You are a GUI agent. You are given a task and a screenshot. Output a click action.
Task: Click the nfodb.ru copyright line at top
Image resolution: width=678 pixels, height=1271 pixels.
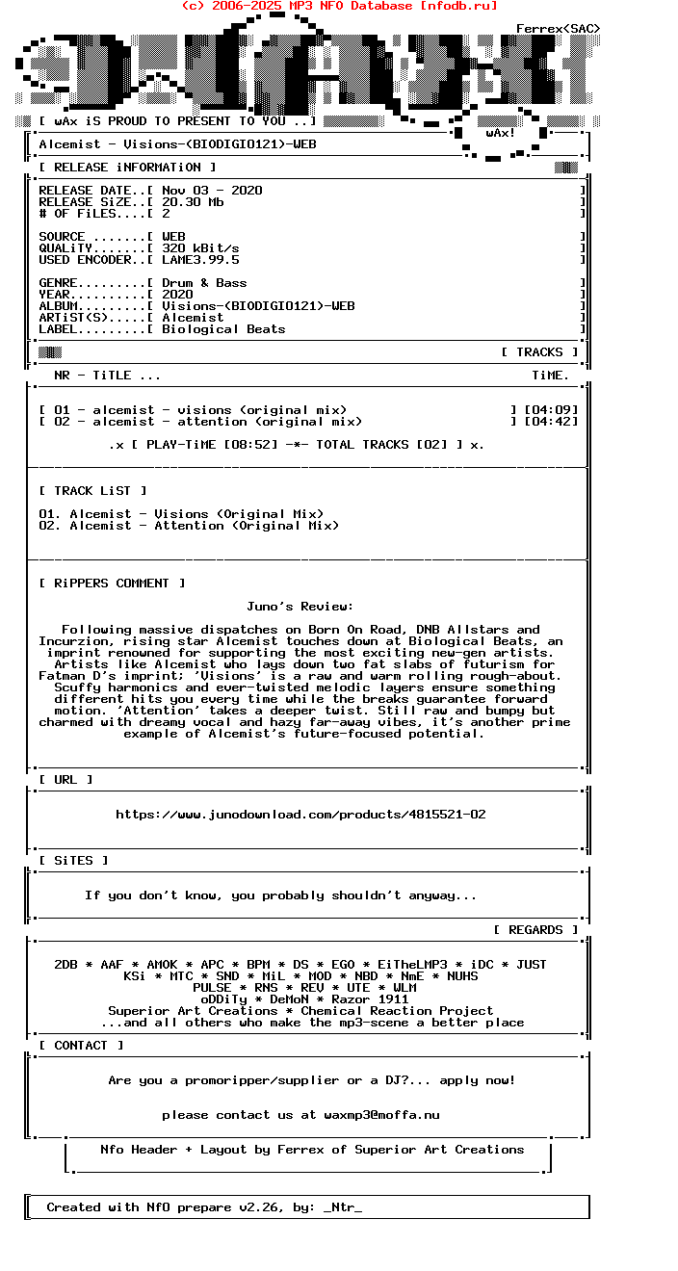tap(339, 6)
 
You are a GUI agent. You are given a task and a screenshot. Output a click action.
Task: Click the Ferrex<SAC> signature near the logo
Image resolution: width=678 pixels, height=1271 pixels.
tap(558, 29)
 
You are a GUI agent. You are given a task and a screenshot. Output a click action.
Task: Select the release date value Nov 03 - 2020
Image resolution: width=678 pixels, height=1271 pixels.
tap(212, 191)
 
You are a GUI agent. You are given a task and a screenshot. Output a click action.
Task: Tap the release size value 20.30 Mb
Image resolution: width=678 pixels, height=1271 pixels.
tap(193, 202)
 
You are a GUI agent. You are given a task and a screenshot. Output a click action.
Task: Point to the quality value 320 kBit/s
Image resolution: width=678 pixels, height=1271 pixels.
tap(200, 248)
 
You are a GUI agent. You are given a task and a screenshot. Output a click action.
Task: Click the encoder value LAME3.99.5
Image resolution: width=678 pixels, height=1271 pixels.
tap(200, 260)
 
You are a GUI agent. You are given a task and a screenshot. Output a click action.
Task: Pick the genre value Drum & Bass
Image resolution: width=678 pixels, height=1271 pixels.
tap(204, 283)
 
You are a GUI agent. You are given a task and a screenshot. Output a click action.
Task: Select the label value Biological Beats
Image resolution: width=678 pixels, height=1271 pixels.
tap(223, 329)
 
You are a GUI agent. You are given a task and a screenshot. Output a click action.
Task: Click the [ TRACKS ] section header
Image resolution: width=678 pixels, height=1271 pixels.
tap(539, 352)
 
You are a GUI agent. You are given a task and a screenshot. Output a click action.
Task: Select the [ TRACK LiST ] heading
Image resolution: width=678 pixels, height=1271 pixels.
tap(92, 491)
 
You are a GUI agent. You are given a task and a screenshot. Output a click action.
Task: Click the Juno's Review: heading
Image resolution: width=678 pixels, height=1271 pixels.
tap(300, 607)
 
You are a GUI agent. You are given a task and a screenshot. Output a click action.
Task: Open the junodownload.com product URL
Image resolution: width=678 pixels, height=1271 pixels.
tap(300, 815)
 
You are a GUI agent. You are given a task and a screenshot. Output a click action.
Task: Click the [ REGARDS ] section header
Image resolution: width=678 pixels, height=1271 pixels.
tap(535, 930)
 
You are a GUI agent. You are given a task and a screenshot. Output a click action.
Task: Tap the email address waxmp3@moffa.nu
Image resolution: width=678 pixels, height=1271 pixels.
tap(381, 1115)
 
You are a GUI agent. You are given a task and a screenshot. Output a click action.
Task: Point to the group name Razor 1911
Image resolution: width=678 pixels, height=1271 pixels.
tap(370, 999)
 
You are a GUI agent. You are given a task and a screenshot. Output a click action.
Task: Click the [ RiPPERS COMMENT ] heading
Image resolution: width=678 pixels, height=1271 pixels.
tap(112, 584)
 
